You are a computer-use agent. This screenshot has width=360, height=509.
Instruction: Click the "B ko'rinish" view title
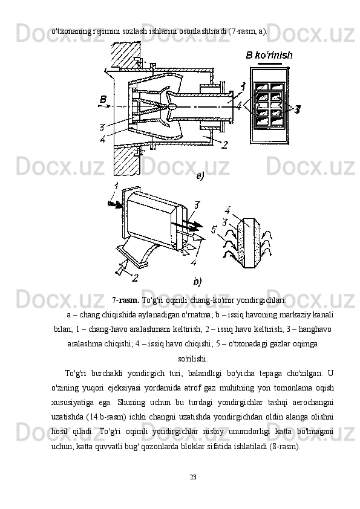coord(269,55)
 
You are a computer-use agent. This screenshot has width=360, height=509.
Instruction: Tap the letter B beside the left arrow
coord(103,99)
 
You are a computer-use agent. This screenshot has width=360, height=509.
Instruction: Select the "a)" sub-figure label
coord(200,177)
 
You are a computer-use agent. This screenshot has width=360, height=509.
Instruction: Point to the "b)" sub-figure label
coord(197,281)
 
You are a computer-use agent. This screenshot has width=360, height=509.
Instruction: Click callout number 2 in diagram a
coord(224,145)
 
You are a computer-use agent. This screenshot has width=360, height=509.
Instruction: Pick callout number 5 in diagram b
coord(214,230)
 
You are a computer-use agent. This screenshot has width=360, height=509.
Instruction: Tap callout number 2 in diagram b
coord(135,278)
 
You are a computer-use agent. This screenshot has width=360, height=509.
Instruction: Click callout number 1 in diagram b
coord(116,186)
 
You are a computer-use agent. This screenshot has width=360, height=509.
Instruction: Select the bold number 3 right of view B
coord(297,110)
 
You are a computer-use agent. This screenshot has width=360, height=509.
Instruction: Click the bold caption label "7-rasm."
coord(126,300)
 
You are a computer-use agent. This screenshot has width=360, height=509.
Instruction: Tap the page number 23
coord(193,477)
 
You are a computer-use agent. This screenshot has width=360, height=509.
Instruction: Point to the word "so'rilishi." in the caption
coord(193,359)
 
